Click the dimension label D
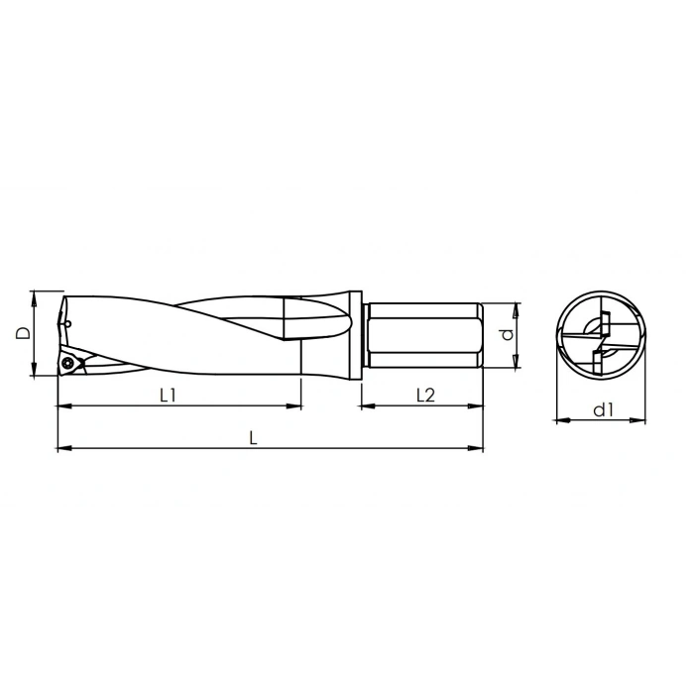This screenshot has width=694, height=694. click(22, 333)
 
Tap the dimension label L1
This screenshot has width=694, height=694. click(169, 395)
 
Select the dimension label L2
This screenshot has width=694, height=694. click(424, 395)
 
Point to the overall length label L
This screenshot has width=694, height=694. click(254, 437)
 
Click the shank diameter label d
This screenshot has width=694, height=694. click(507, 335)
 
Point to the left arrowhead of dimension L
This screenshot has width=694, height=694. click(62, 449)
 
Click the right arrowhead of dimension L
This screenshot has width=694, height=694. click(478, 449)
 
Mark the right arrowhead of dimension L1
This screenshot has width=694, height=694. click(295, 405)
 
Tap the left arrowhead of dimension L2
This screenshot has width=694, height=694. click(364, 405)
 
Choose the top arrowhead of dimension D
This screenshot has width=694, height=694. click(35, 295)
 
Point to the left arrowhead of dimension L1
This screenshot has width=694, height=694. click(62, 405)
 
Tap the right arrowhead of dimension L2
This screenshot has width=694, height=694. click(478, 405)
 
